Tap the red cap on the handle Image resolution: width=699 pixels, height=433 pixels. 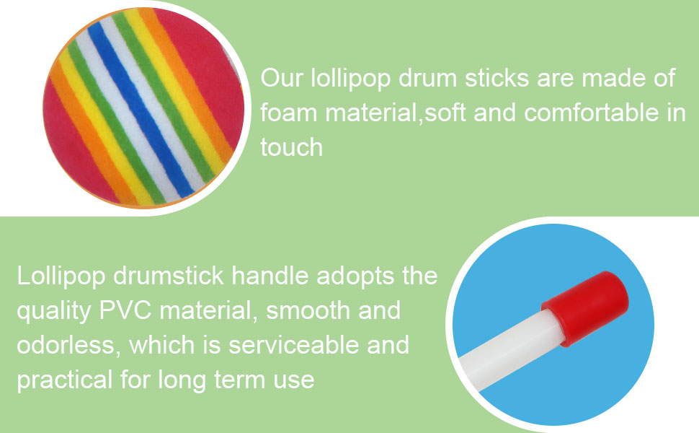coord(585,308)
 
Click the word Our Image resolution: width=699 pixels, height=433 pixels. coord(282,78)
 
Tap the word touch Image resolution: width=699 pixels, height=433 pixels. coord(292,147)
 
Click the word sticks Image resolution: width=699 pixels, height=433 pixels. coord(497,78)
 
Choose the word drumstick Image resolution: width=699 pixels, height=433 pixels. coord(169,276)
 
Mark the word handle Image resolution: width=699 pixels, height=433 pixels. coord(270,276)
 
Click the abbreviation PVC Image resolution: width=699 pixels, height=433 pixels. coord(125,310)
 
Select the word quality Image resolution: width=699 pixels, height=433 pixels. coord(54,312)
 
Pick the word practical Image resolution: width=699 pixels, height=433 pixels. coord(65,381)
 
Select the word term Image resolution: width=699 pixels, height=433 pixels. coord(240,380)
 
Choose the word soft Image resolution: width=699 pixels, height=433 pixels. coord(445,112)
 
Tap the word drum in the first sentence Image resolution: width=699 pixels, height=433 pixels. coord(428,78)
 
